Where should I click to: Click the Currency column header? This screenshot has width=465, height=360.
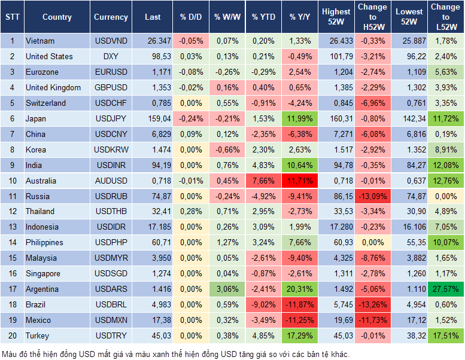pyautogui.click(x=111, y=17)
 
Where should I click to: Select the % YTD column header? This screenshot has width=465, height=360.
pyautogui.click(x=263, y=17)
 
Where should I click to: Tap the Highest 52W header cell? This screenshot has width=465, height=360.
pyautogui.click(x=336, y=17)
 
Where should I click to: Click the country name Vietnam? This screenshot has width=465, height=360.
pyautogui.click(x=40, y=41)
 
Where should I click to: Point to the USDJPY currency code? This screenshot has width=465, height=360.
pyautogui.click(x=111, y=118)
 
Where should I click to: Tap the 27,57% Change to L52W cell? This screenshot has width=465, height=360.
pyautogui.click(x=445, y=289)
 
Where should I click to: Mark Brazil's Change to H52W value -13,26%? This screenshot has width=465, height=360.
pyautogui.click(x=373, y=304)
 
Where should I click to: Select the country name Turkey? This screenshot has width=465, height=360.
pyautogui.click(x=37, y=335)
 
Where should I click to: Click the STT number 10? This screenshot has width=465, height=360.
pyautogui.click(x=12, y=181)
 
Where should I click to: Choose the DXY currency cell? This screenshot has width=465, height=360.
pyautogui.click(x=111, y=56)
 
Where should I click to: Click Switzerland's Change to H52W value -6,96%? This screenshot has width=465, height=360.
pyautogui.click(x=373, y=103)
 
